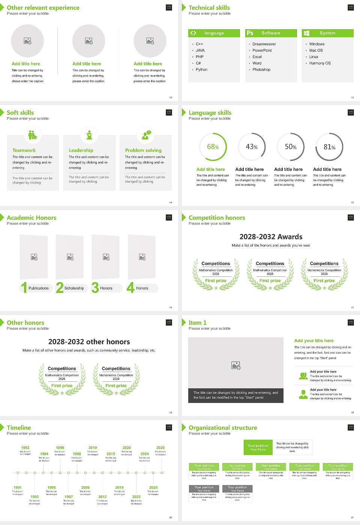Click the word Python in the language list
point(201,70)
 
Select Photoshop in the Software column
point(261,70)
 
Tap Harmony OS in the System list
point(320,63)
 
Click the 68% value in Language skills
point(213,147)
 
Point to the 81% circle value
point(329,147)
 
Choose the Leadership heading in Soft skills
point(81,150)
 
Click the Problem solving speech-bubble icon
point(145,135)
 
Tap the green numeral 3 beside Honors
point(95,288)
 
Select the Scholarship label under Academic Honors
point(74,288)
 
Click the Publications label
point(39,288)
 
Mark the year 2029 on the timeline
point(160,448)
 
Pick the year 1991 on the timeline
point(18,488)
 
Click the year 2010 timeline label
point(93,448)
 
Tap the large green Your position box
point(258,447)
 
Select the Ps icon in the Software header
point(250,33)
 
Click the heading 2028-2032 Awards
point(271,237)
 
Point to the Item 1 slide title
point(198,323)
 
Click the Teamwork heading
point(24,150)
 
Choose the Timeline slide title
point(19,428)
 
